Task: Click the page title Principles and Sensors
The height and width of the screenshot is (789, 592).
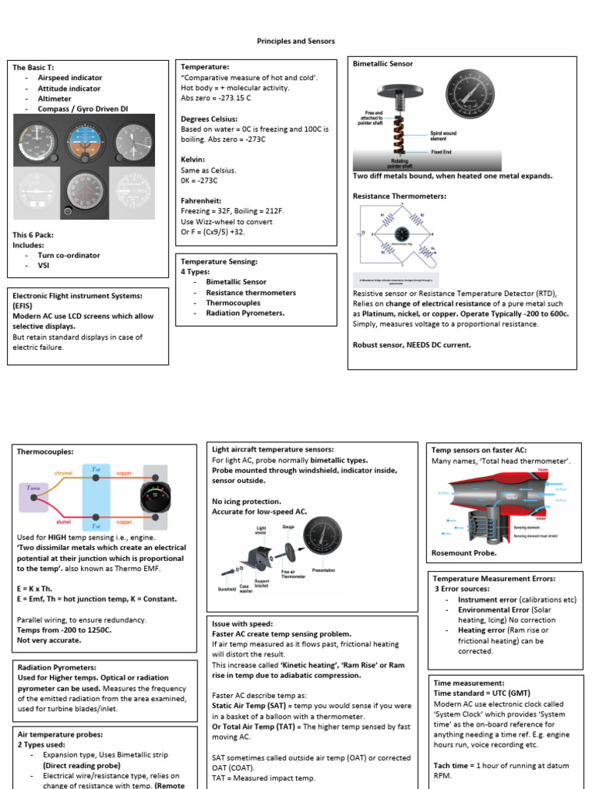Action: (296, 41)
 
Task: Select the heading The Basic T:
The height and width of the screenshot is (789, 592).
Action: (34, 68)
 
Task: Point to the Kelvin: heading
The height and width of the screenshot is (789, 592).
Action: (194, 159)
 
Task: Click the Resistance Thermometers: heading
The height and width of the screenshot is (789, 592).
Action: (399, 196)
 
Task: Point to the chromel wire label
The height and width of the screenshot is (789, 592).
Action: (63, 472)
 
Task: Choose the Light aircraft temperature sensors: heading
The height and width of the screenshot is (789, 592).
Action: (272, 449)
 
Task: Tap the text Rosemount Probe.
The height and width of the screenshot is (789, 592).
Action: (463, 553)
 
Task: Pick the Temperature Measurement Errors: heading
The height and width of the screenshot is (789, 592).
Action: (493, 578)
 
